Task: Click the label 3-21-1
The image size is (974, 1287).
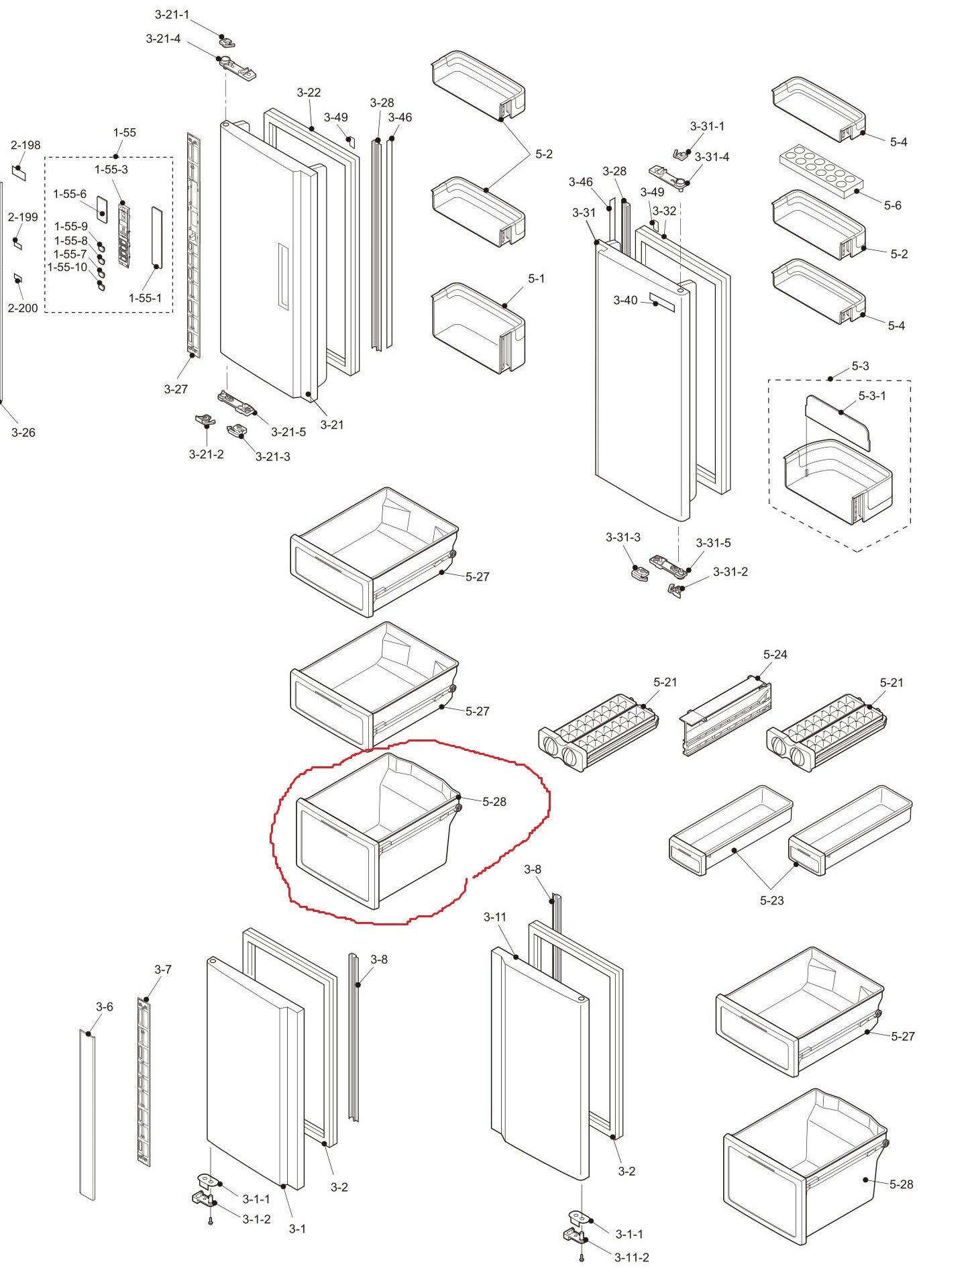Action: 172,15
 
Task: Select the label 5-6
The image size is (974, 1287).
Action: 892,205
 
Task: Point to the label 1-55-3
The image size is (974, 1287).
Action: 111,170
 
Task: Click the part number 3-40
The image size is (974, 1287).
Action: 625,301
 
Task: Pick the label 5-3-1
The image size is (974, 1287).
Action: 872,395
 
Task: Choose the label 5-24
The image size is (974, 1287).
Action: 775,654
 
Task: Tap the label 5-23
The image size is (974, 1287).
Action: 771,900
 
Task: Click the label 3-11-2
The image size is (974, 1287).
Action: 631,1257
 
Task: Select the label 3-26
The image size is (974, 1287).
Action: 23,433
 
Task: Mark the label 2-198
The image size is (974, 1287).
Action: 25,145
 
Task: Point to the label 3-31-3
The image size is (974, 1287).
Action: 623,537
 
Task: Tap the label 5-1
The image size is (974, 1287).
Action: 536,278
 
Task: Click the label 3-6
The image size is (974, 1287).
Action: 104,1007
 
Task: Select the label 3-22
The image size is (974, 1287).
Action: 309,93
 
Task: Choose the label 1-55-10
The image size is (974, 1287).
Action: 67,267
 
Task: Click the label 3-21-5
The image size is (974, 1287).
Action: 288,432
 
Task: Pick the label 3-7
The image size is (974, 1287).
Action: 163,970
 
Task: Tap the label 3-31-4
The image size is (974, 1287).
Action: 712,157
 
